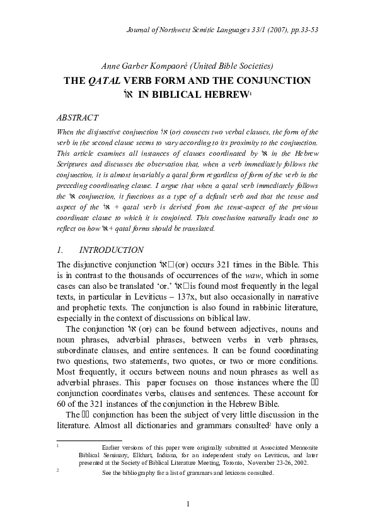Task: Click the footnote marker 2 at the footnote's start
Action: tap(57, 470)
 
